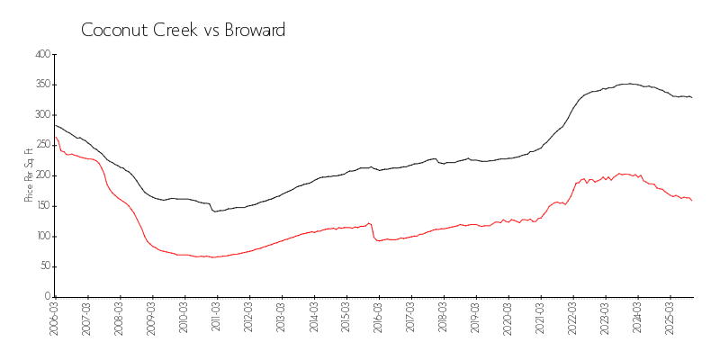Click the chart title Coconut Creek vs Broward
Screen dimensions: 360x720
point(183,30)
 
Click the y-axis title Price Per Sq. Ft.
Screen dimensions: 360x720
point(30,175)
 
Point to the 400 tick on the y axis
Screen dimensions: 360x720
point(40,55)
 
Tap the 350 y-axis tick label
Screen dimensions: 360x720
point(40,85)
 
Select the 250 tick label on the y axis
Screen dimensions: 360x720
point(40,145)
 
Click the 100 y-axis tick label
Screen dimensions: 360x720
point(40,236)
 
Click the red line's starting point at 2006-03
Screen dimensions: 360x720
point(56,138)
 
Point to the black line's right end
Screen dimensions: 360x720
point(691,97)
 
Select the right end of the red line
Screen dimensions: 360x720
point(691,200)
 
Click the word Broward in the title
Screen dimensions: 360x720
point(253,30)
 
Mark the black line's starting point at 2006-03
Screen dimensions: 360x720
point(56,125)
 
